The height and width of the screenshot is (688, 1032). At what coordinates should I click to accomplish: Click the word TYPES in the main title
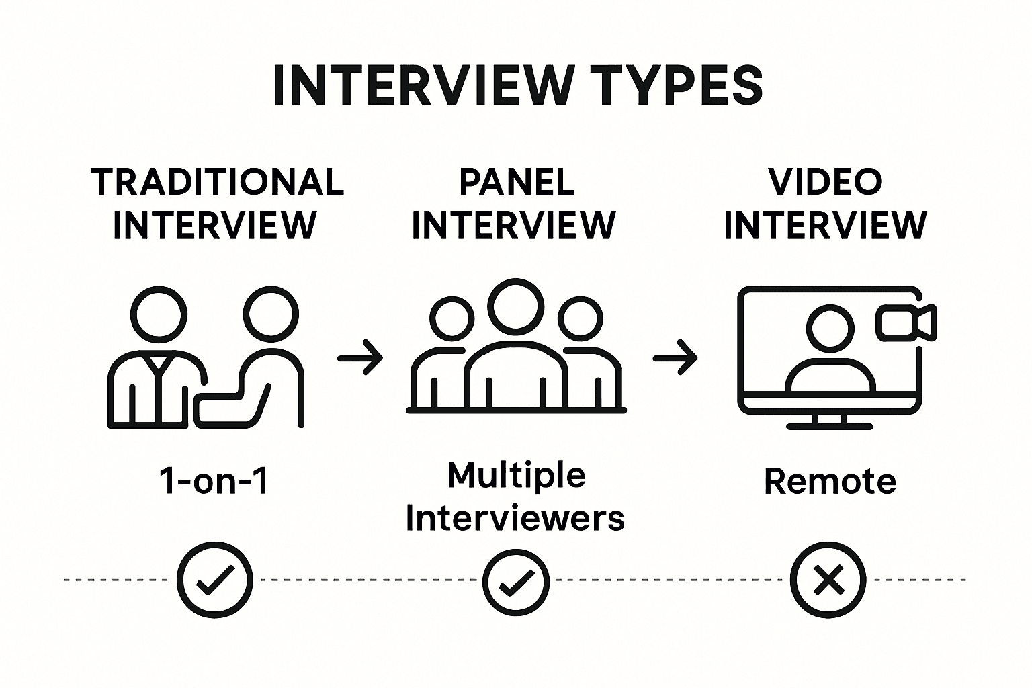(x=680, y=85)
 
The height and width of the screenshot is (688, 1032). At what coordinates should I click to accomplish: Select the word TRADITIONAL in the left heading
(x=217, y=181)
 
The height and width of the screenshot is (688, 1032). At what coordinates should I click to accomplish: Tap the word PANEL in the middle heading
(x=517, y=181)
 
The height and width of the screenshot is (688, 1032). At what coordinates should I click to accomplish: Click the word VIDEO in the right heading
(x=825, y=181)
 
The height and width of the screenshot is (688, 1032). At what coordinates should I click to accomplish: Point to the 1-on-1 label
(x=214, y=482)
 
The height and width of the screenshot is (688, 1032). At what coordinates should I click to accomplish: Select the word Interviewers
(x=515, y=519)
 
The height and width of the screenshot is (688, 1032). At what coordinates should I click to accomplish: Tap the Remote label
(x=830, y=482)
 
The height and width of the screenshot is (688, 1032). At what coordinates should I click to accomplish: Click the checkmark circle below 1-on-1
(x=215, y=579)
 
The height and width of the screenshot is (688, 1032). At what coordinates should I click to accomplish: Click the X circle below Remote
(x=828, y=580)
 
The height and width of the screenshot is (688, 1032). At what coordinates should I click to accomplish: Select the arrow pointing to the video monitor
(x=675, y=357)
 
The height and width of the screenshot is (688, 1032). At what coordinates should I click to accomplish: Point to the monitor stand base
(x=830, y=425)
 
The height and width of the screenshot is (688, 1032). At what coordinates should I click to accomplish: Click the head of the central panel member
(x=515, y=304)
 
